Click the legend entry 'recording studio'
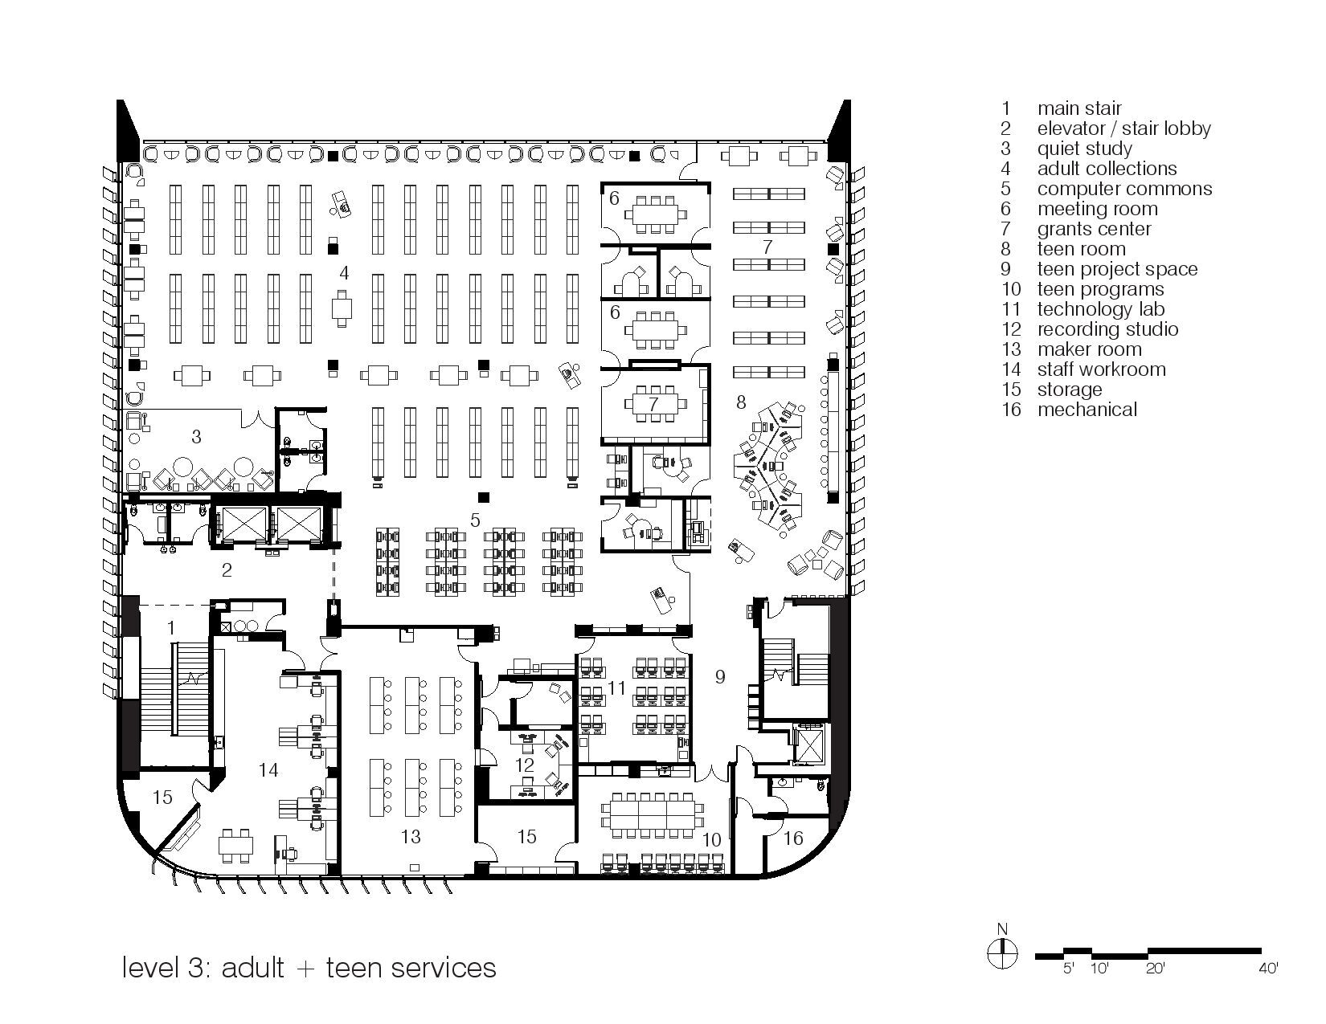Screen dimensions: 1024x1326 [1107, 329]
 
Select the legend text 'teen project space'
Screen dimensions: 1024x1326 [1117, 269]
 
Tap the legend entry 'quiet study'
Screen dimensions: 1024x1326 [1084, 149]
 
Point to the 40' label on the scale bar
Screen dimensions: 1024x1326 [1268, 969]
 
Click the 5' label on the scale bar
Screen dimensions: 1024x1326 [1069, 969]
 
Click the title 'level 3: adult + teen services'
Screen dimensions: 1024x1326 [309, 967]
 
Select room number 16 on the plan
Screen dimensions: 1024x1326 [792, 838]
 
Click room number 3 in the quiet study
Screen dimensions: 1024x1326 [195, 436]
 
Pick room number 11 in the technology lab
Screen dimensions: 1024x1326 [616, 687]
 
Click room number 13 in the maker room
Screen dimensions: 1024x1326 [410, 837]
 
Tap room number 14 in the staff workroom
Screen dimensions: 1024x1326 [268, 770]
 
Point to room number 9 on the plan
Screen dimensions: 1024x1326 [720, 677]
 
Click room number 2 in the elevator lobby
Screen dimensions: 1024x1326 [227, 570]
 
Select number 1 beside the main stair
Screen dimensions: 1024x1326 [170, 626]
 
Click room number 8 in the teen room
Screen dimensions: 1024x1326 [741, 402]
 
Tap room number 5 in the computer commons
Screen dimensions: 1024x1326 [475, 520]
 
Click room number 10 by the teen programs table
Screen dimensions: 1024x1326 [711, 840]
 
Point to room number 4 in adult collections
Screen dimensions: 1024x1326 [344, 273]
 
